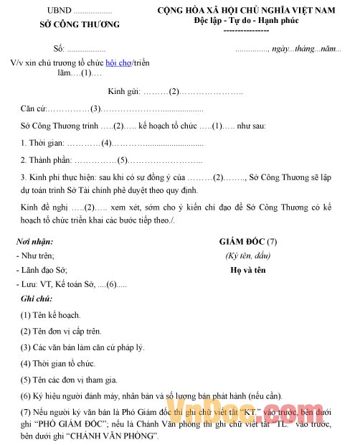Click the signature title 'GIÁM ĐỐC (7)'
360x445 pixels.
coord(247,242)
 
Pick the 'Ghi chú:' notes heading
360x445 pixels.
coord(37,299)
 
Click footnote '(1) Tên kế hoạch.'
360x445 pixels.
coord(50,315)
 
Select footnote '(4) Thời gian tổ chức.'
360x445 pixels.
coord(58,364)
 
